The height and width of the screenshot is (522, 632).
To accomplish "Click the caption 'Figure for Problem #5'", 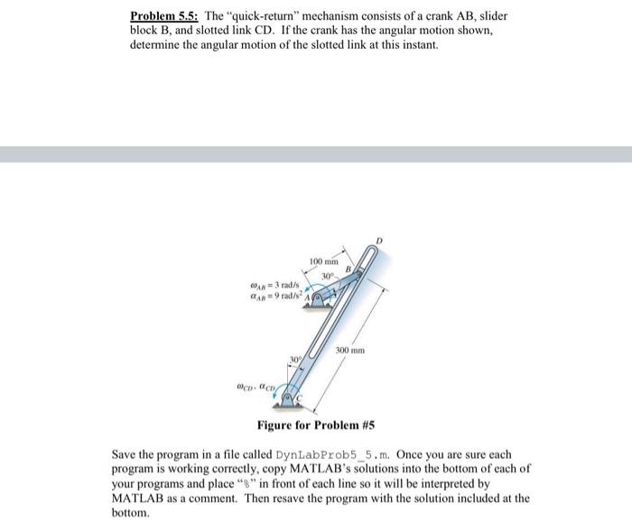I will click(315, 425).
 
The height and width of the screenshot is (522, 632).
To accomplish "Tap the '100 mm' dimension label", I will click(323, 262).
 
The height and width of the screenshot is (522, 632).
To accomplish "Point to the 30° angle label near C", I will click(294, 361).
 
